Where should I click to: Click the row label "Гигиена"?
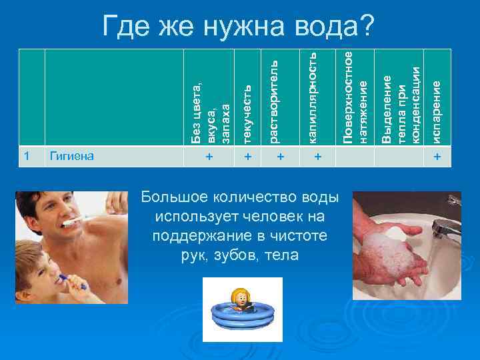pyautogui.click(x=72, y=157)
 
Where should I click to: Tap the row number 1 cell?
pyautogui.click(x=27, y=156)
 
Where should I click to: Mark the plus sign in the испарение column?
pyautogui.click(x=437, y=157)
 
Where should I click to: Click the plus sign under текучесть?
pyautogui.click(x=247, y=157)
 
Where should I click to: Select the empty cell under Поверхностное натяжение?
pyautogui.click(x=355, y=157)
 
